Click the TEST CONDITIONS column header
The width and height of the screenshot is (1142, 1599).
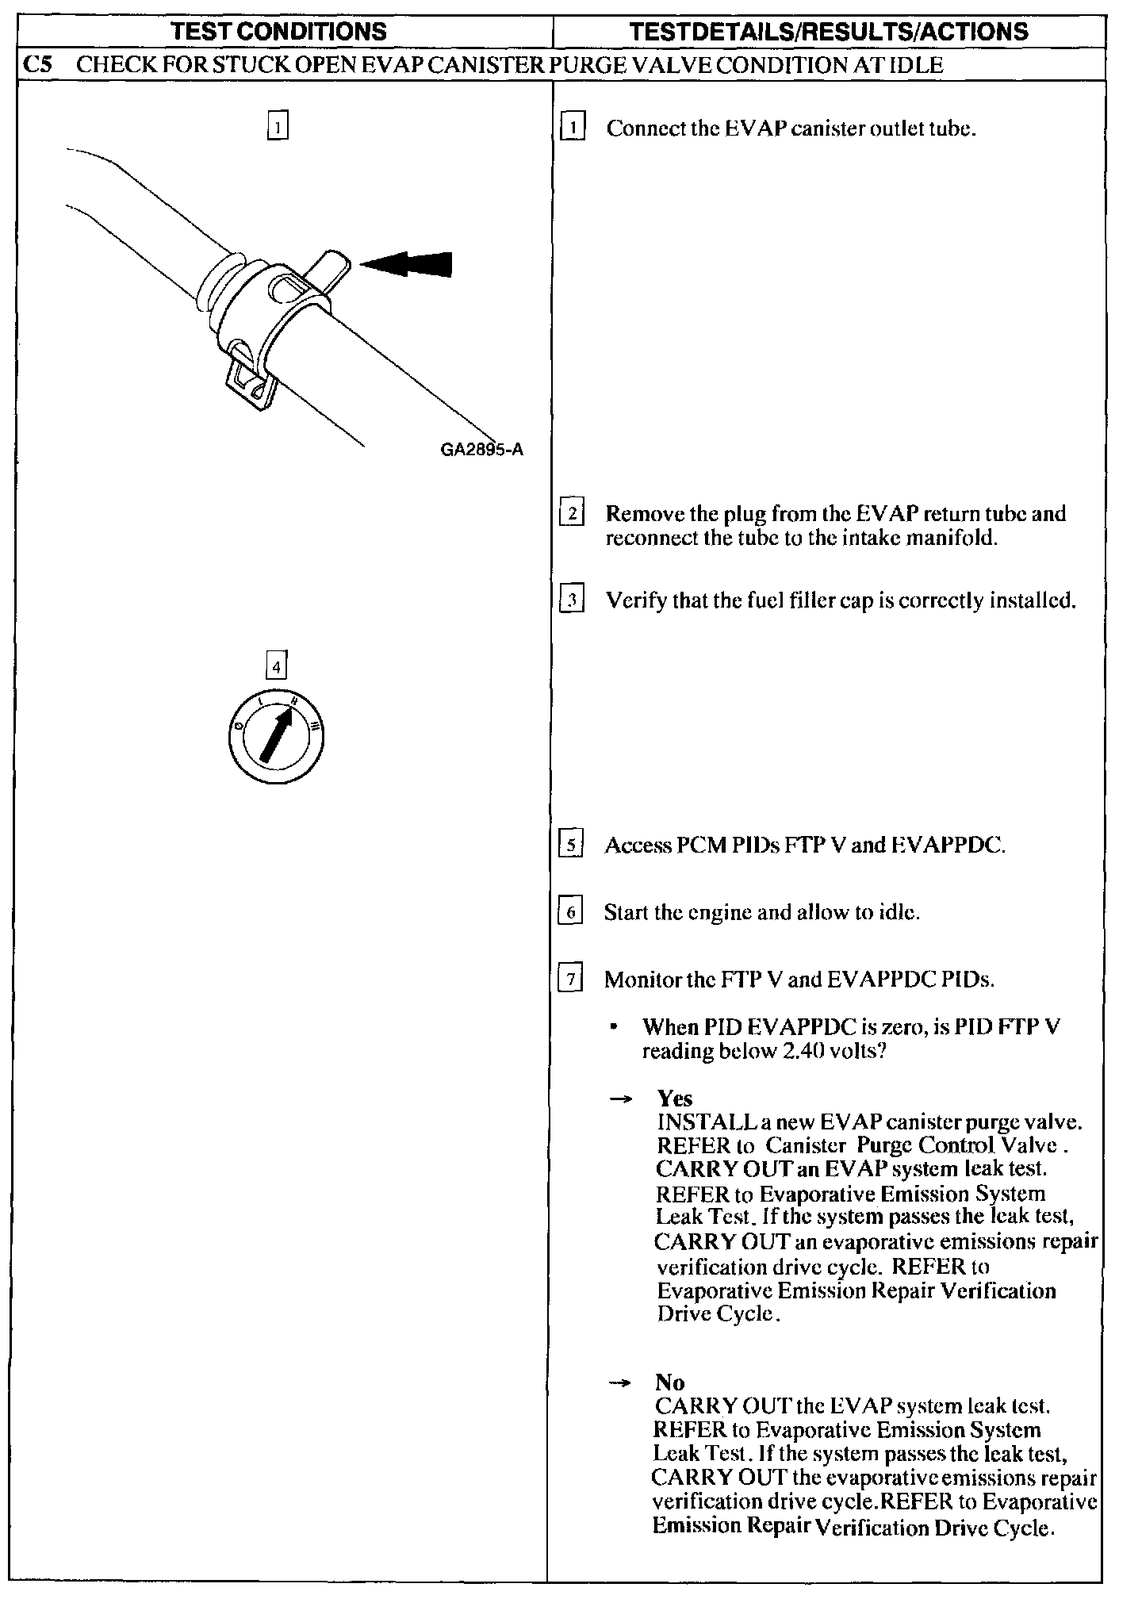click(279, 32)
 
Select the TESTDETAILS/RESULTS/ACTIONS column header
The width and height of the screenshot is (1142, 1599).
click(828, 32)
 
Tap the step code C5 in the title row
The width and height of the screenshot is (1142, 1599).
click(38, 64)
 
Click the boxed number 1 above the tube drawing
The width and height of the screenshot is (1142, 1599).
click(277, 126)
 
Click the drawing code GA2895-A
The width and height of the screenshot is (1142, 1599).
click(481, 450)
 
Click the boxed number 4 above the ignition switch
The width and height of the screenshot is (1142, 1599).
click(276, 666)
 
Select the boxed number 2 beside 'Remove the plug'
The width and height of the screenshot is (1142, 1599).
click(572, 513)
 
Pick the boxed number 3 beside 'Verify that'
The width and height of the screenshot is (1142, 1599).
click(572, 600)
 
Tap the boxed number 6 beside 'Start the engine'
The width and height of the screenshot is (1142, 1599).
click(571, 912)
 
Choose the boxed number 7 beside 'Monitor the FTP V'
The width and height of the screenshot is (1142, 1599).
click(571, 979)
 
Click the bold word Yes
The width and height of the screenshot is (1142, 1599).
click(675, 1099)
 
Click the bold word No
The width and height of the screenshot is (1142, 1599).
click(670, 1382)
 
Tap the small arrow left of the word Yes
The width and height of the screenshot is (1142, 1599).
click(621, 1099)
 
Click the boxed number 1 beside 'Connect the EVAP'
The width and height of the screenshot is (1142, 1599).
click(572, 128)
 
